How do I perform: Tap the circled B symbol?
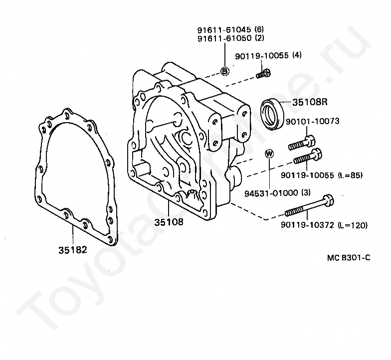point(224,71)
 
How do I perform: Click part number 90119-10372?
point(308,225)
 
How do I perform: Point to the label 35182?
point(73,249)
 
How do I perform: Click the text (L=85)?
point(350,176)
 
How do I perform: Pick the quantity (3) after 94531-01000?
point(306,193)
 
